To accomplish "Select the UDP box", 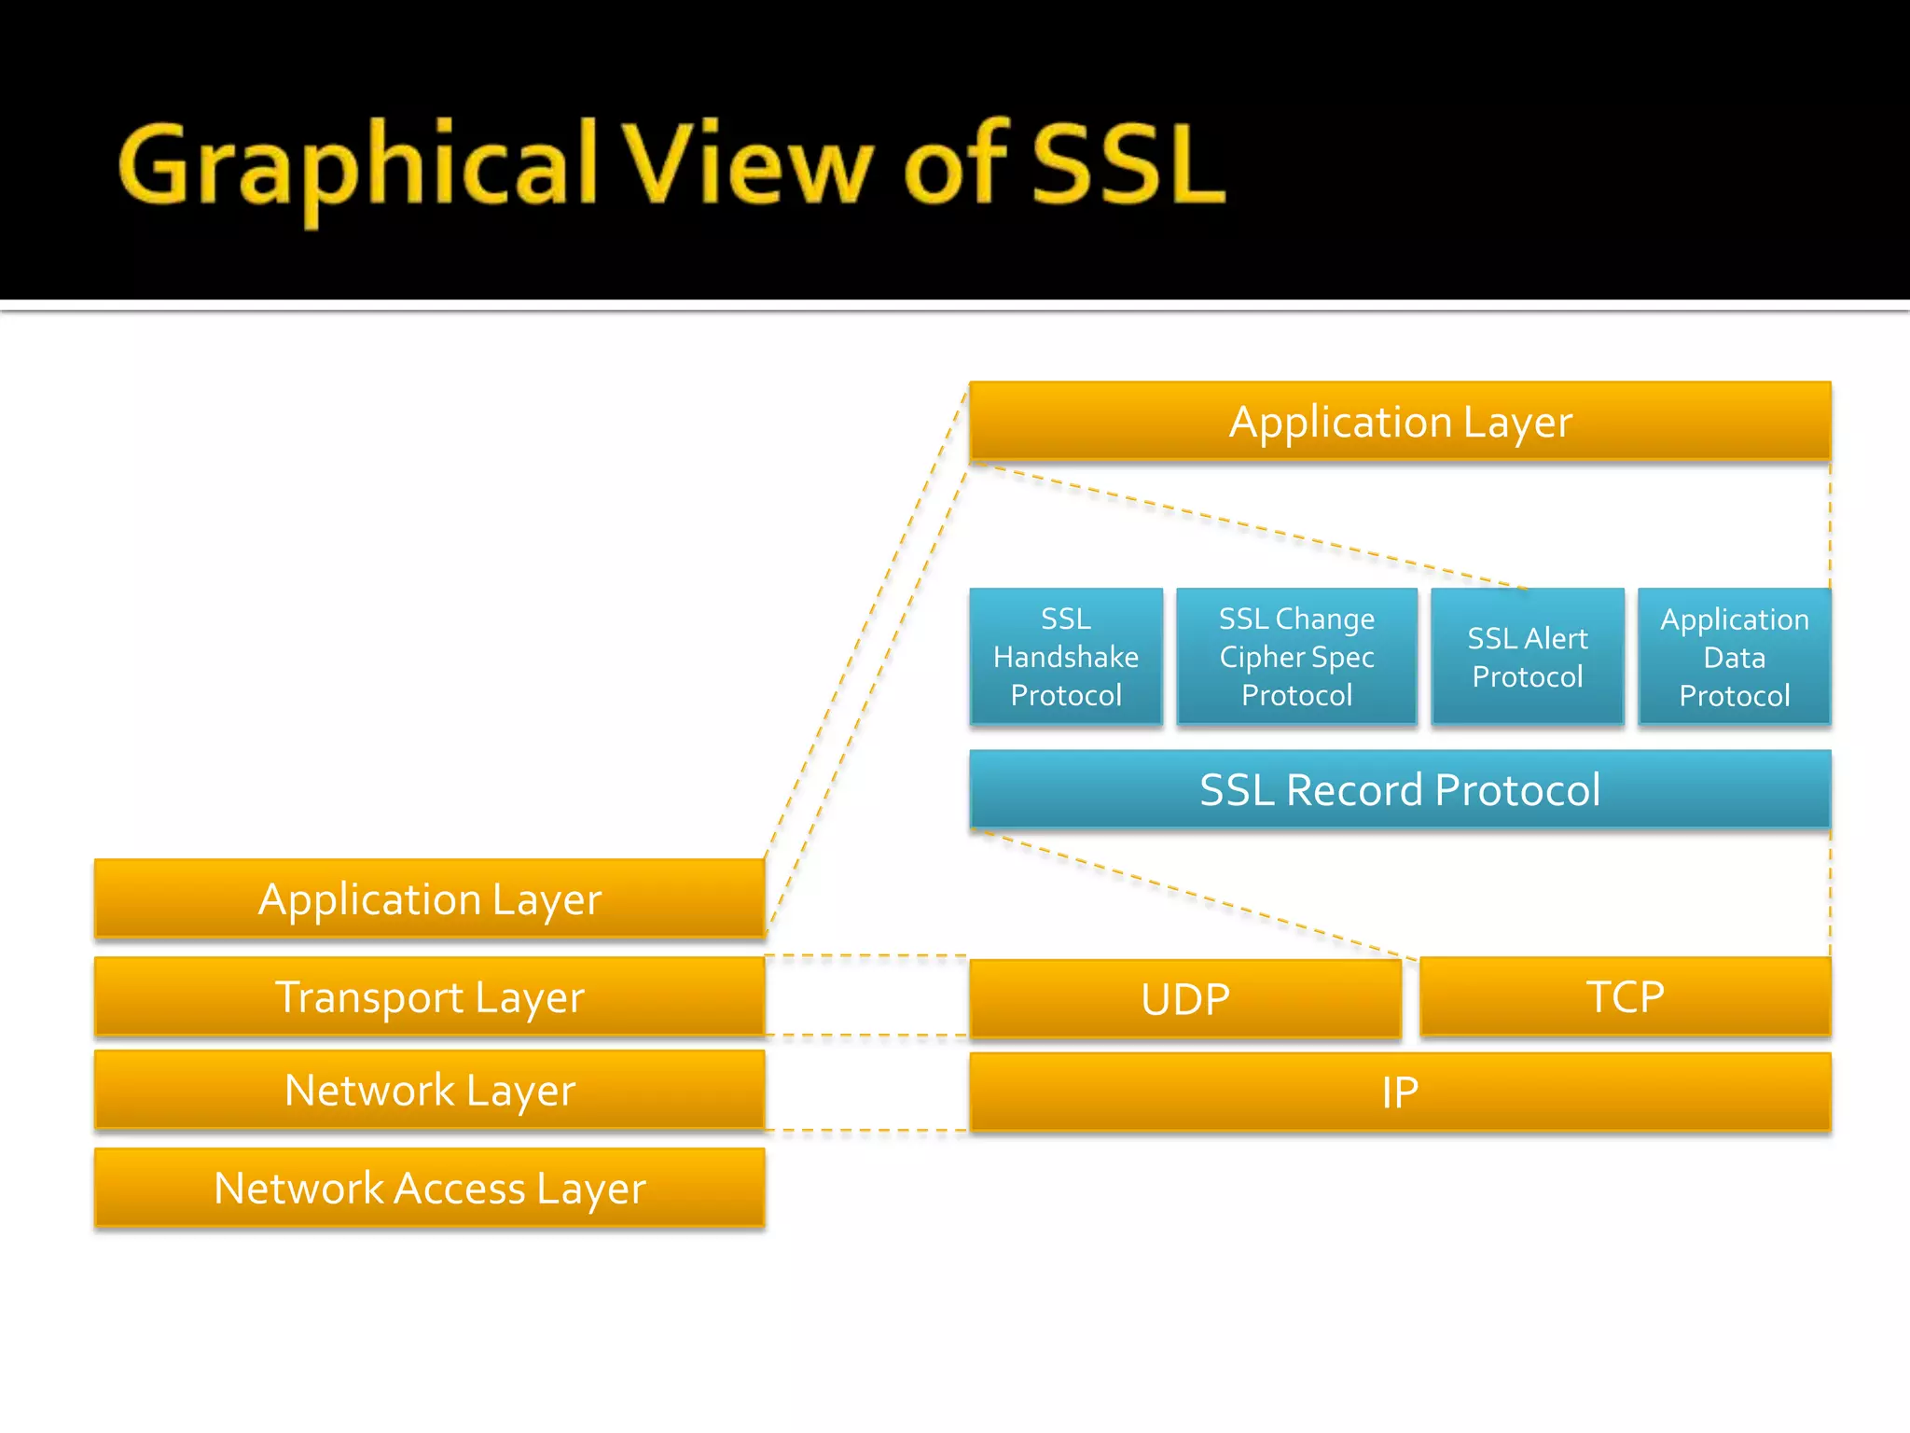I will click(x=1185, y=998).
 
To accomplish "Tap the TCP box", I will click(x=1625, y=996).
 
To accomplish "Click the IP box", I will click(x=1400, y=1092).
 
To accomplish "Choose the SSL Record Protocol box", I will click(x=1400, y=789).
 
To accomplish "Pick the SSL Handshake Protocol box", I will click(x=1066, y=657).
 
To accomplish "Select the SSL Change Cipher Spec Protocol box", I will click(x=1296, y=657).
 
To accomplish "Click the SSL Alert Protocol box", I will click(x=1528, y=657).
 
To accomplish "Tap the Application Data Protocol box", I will click(x=1734, y=657).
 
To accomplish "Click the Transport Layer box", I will click(x=430, y=996).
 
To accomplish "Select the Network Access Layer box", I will click(x=430, y=1188).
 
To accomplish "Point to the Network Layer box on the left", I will click(x=430, y=1090).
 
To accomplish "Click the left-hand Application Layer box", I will click(x=430, y=898).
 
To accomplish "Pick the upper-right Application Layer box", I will click(x=1400, y=422).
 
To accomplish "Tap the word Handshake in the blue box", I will click(x=1066, y=657).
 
